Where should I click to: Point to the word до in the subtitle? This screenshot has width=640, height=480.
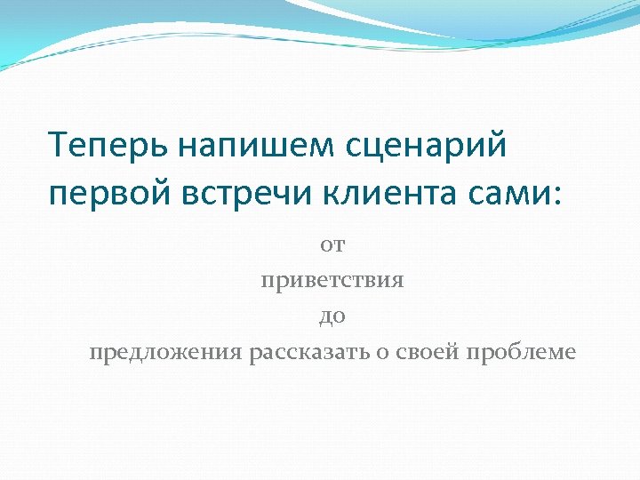(332, 316)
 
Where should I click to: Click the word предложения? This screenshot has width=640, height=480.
(166, 353)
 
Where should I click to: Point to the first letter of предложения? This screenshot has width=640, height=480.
(94, 353)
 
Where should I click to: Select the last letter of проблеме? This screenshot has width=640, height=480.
(571, 353)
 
